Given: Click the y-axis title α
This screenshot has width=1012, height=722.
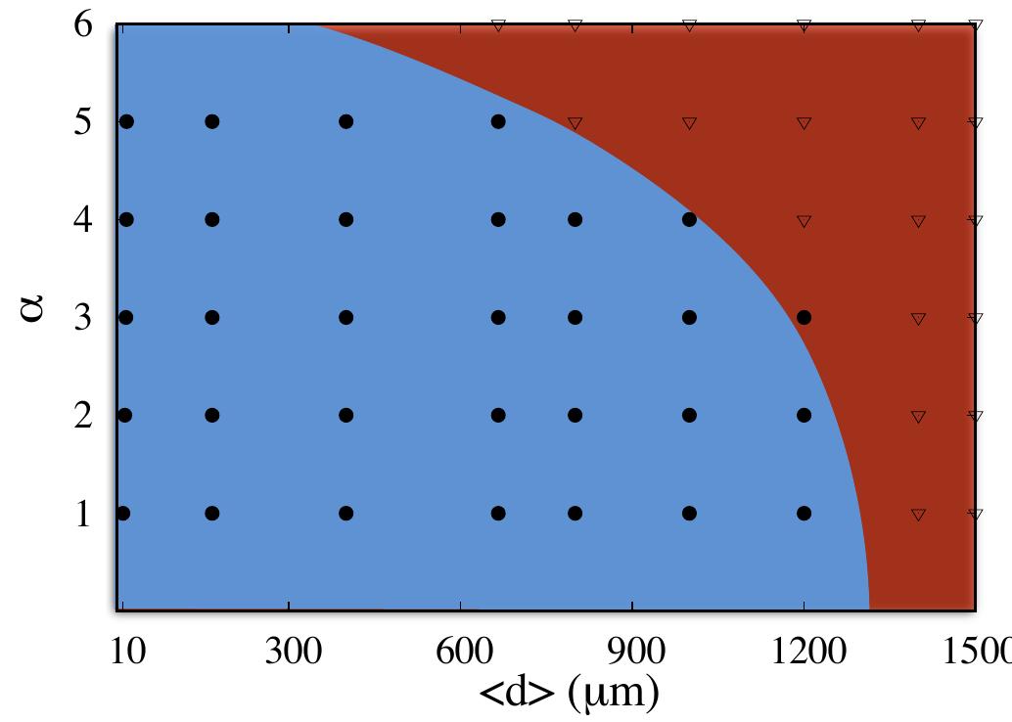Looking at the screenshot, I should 34,312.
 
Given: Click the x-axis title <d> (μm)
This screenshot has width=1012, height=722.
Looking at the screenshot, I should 568,693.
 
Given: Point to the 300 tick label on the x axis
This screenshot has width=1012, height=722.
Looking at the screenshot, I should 292,651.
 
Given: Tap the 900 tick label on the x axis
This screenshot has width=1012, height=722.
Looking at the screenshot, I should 634,651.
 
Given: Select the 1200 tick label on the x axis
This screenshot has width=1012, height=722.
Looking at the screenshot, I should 804,651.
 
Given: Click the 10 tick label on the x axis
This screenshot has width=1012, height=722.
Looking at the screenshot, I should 126,651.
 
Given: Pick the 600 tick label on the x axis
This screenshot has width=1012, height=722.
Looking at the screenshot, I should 462,651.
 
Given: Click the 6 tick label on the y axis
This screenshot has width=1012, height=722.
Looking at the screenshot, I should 84,25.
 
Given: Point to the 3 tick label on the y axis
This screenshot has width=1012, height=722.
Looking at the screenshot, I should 84,318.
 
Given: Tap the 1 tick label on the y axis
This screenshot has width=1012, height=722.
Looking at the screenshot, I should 84,514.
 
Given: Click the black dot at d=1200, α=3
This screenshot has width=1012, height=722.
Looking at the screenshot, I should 805,317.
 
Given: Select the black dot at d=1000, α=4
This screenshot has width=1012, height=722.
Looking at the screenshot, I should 689,219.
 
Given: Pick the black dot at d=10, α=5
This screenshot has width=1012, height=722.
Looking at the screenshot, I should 125,121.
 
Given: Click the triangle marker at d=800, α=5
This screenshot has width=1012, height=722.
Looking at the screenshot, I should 575,123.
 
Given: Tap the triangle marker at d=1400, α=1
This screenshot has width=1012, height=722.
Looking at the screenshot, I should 918,515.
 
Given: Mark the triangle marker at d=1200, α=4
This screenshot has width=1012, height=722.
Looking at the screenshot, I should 805,221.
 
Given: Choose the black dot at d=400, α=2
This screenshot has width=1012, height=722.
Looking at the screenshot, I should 345,415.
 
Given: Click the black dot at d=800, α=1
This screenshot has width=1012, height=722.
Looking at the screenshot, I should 575,513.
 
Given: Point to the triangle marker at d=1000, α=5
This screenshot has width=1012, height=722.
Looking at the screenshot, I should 689,123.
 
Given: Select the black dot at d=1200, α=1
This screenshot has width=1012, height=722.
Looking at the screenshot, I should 805,513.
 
